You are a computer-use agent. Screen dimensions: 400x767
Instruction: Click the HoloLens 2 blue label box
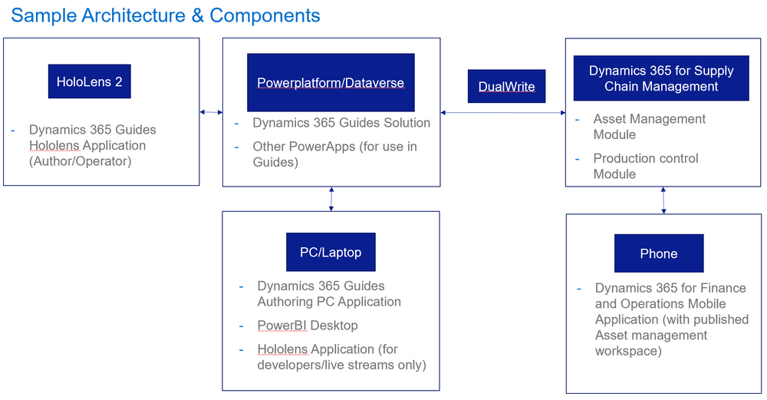tap(89, 81)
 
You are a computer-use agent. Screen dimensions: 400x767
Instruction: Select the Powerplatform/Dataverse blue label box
tap(331, 82)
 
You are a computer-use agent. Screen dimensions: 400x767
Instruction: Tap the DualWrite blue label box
tap(506, 86)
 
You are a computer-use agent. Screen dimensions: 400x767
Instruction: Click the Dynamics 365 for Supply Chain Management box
tap(660, 78)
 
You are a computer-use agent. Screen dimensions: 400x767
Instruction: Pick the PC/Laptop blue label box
tap(331, 252)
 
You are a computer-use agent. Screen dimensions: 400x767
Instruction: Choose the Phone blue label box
tap(658, 253)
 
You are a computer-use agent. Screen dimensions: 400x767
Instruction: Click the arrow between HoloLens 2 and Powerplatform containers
tap(211, 112)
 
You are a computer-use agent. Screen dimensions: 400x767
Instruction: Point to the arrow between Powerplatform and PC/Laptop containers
tap(331, 199)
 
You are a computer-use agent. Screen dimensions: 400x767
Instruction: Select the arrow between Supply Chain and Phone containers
tap(663, 200)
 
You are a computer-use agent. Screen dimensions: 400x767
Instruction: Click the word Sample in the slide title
tap(40, 15)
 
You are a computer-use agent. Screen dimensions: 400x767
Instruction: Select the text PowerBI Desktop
tap(307, 325)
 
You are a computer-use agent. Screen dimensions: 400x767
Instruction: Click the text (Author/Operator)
tap(80, 160)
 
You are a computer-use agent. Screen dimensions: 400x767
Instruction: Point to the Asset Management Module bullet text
tap(649, 127)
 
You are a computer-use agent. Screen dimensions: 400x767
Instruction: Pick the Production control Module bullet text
tap(645, 166)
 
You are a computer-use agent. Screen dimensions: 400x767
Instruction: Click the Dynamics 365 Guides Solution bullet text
tap(341, 123)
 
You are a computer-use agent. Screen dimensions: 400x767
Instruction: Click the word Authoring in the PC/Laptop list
tap(285, 301)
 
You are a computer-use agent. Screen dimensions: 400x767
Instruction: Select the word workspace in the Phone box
tap(627, 350)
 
